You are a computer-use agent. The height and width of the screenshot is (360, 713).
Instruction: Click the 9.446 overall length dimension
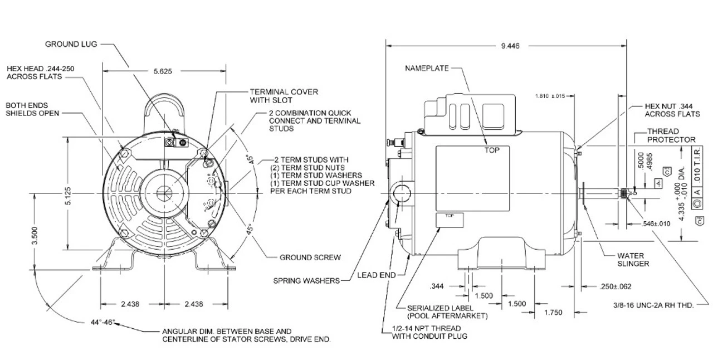click(506, 47)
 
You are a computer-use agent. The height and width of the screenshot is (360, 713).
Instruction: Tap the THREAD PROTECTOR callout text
click(671, 135)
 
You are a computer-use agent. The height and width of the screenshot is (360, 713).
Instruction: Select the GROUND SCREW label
click(310, 257)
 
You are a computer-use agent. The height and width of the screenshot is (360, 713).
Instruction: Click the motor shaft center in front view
click(165, 193)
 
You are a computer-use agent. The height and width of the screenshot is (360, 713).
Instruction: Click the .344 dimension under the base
click(438, 286)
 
